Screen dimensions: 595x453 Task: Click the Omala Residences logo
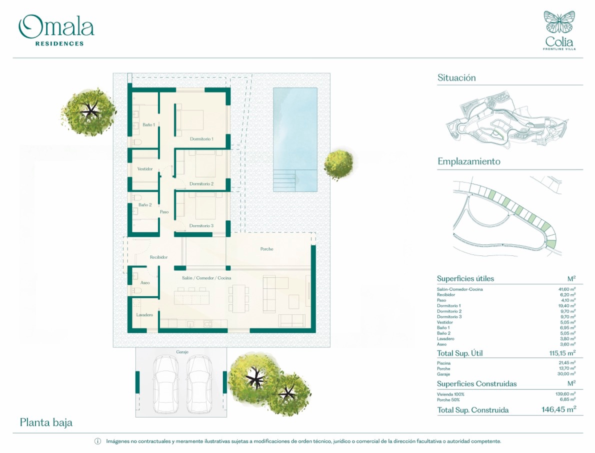pos(56,30)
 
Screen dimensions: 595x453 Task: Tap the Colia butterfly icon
pos(559,22)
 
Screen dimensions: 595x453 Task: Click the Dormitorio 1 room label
pos(201,139)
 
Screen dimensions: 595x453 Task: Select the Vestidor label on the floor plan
pos(145,169)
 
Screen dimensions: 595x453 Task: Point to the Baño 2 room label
pos(145,205)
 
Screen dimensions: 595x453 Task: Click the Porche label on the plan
pos(267,249)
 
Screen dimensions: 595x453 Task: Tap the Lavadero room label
pos(144,315)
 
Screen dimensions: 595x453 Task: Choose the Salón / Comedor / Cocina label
pos(206,278)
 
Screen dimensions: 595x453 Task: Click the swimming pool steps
pos(284,180)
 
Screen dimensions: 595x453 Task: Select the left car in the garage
pos(165,384)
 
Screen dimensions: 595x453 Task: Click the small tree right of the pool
pos(338,165)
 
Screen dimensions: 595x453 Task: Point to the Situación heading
pos(456,78)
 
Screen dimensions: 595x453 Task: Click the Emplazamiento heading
pos(469,161)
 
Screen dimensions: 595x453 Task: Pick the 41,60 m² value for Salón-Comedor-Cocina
pos(567,289)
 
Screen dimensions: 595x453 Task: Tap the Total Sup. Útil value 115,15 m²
pos(562,353)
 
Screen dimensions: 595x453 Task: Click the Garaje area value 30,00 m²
pos(567,374)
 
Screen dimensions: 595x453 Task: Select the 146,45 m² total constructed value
pos(559,410)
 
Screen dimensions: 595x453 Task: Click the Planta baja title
pos(46,423)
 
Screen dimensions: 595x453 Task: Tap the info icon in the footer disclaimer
pos(98,441)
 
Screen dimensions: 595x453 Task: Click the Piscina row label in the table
pos(443,363)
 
